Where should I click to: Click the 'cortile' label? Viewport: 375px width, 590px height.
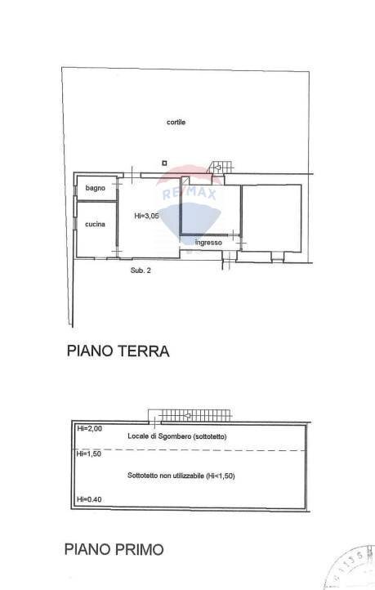176,123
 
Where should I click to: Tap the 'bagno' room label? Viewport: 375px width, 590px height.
96,188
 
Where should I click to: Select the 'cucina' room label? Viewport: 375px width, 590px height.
96,225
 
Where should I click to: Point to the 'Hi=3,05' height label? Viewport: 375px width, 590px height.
146,216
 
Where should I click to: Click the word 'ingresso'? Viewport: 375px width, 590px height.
208,242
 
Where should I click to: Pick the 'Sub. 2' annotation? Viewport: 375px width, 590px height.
141,270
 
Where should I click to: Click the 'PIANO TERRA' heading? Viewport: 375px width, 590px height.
117,352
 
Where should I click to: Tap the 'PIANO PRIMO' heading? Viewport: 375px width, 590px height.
114,550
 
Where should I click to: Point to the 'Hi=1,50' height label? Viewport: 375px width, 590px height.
88,454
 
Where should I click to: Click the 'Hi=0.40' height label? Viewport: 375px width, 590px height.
88,499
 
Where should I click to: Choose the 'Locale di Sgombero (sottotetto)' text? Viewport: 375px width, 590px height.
177,436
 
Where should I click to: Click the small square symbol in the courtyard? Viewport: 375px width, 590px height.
164,162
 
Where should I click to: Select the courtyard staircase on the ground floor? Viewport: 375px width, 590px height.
219,167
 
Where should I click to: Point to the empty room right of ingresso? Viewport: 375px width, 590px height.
271,217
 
